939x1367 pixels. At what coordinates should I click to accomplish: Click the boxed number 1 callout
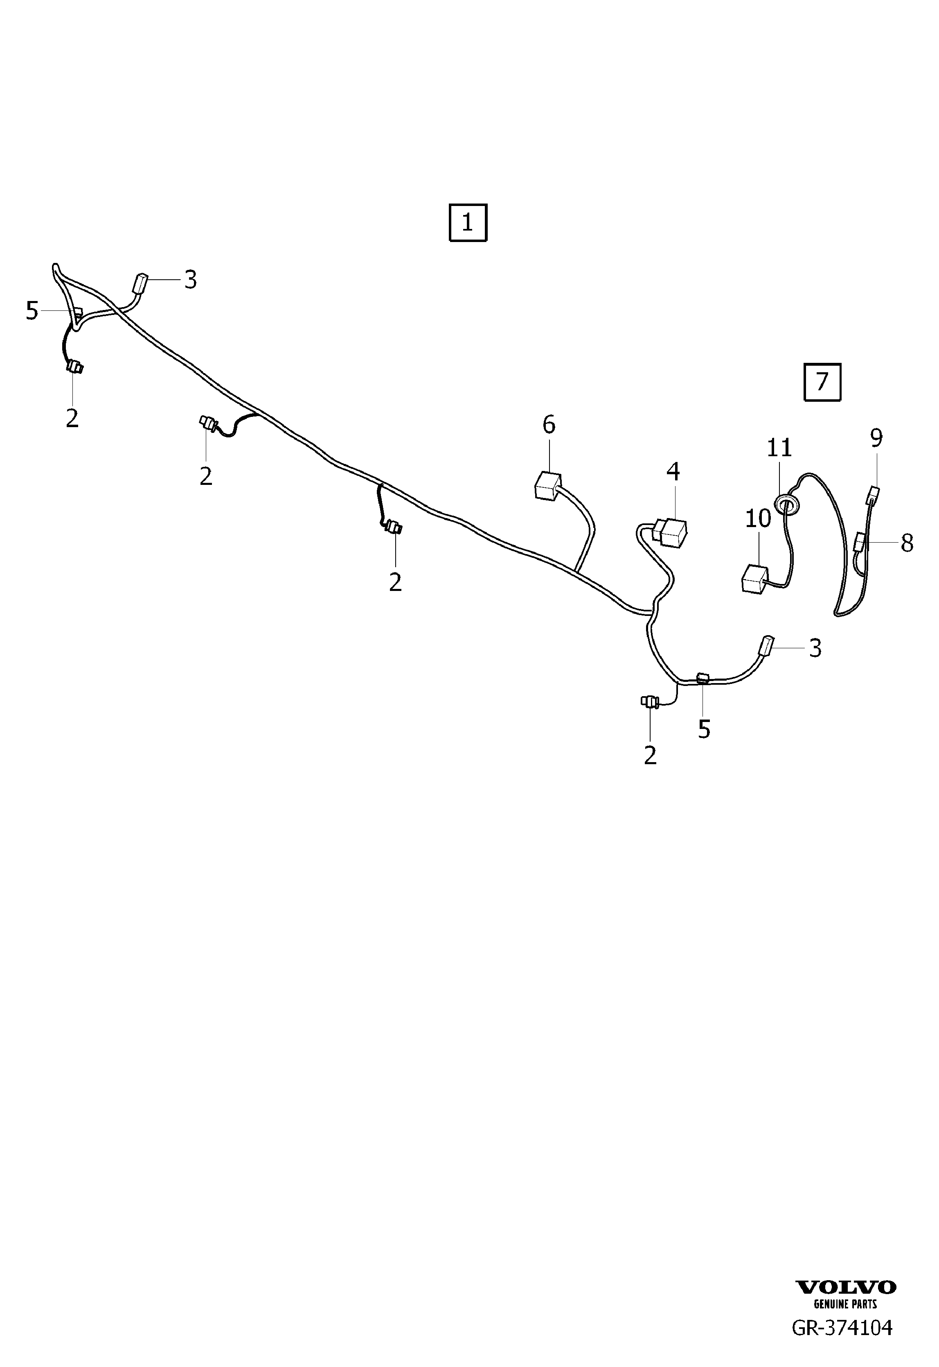pyautogui.click(x=468, y=222)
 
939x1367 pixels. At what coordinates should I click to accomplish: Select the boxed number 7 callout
pyautogui.click(x=822, y=382)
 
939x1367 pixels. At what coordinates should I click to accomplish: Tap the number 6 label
pyautogui.click(x=548, y=424)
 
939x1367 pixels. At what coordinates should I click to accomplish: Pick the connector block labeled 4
pyautogui.click(x=671, y=531)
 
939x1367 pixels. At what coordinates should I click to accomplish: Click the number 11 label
pyautogui.click(x=779, y=448)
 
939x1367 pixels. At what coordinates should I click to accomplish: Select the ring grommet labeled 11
pyautogui.click(x=787, y=503)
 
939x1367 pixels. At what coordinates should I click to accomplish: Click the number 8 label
pyautogui.click(x=907, y=543)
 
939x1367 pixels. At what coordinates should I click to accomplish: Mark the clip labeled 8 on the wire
pyautogui.click(x=860, y=541)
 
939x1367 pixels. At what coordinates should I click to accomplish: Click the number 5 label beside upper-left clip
pyautogui.click(x=32, y=310)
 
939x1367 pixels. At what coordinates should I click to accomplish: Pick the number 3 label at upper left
pyautogui.click(x=190, y=280)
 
